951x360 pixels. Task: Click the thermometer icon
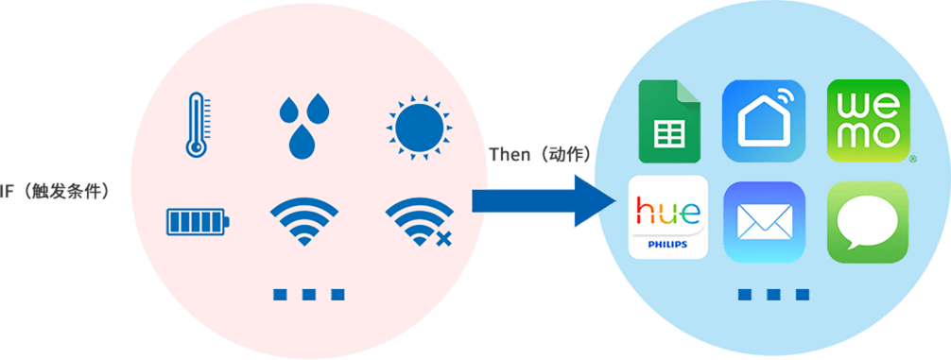tap(196, 124)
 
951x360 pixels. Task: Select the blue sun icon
tap(418, 126)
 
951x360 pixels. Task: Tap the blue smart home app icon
tap(764, 121)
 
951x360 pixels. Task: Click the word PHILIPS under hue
tap(668, 243)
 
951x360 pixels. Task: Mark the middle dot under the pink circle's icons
tap(309, 294)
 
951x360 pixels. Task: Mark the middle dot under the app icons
tap(773, 294)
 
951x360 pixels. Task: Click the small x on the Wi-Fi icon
tap(442, 238)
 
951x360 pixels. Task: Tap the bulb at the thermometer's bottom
tap(196, 146)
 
